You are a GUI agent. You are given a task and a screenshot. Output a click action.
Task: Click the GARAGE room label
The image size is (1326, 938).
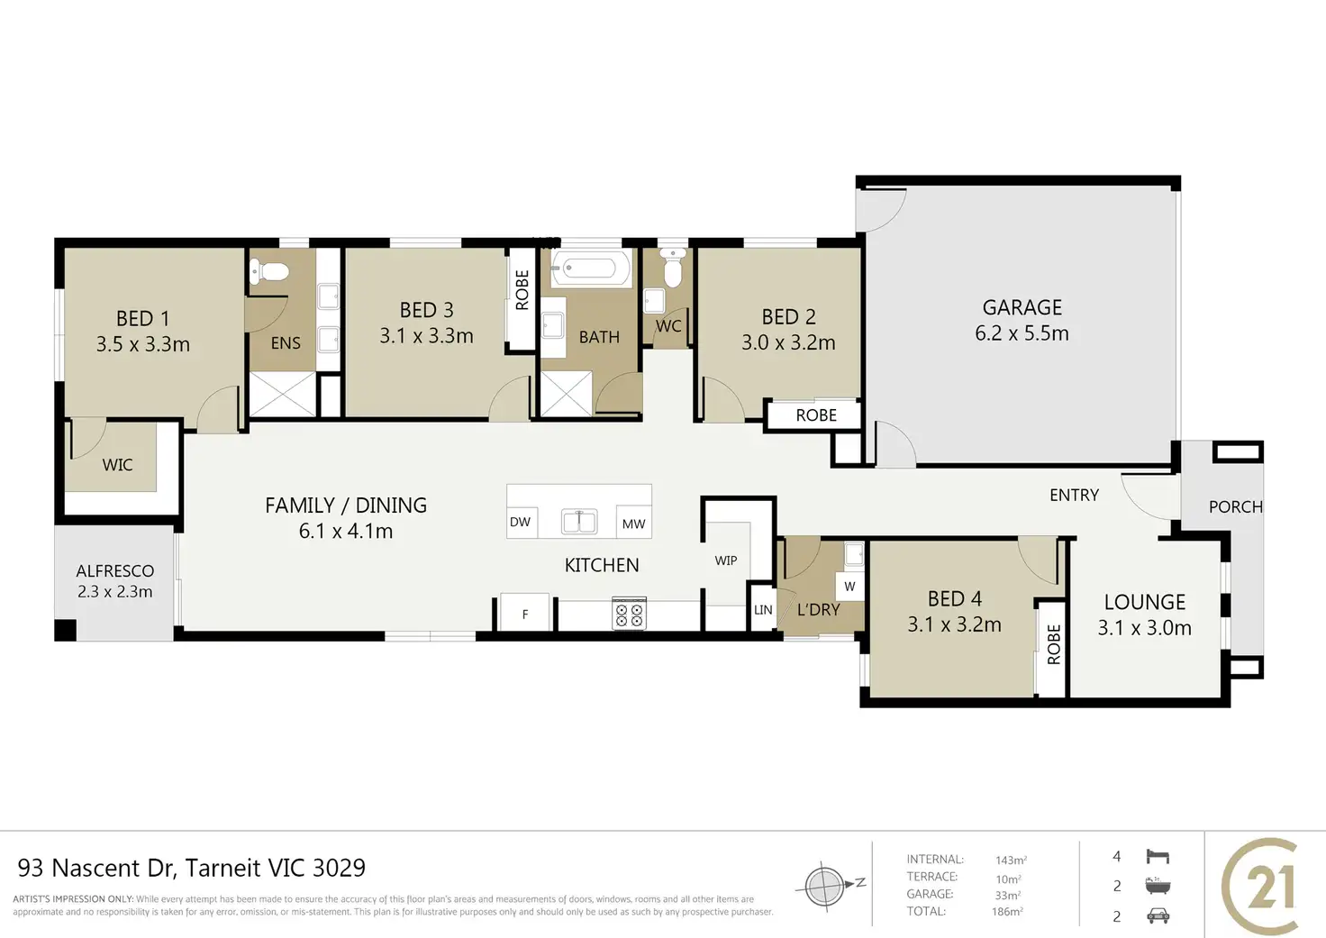[1022, 307]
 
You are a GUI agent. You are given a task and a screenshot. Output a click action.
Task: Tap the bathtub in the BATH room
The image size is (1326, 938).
[591, 269]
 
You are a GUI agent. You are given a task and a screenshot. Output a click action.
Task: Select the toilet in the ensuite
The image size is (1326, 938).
[268, 272]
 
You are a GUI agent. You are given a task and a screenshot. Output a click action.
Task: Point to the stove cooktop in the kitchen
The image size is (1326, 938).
[629, 614]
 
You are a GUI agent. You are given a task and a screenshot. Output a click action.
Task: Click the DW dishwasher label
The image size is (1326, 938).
[520, 522]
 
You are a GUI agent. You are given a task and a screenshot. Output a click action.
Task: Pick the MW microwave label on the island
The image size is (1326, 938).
[633, 524]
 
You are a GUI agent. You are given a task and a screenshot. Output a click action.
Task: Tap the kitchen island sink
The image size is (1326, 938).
[579, 522]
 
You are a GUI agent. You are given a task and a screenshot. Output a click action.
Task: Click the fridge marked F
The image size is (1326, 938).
[525, 613]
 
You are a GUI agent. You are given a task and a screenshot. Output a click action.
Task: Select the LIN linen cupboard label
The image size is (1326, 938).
[763, 609]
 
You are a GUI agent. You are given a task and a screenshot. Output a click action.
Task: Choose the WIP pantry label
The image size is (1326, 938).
[726, 560]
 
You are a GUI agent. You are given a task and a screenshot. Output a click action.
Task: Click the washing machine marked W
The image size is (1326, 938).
[849, 587]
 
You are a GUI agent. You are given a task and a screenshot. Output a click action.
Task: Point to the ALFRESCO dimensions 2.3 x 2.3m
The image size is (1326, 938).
[114, 592]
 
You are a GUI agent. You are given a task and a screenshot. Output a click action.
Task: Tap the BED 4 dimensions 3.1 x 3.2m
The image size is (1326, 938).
[954, 624]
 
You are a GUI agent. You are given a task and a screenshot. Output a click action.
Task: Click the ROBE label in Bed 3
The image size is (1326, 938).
[522, 289]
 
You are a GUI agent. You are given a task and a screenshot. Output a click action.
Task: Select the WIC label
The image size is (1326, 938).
[117, 465]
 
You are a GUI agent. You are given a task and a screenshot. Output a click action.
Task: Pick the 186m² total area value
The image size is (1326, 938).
[1007, 911]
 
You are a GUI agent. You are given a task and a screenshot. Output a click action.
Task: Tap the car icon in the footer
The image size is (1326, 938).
[1158, 916]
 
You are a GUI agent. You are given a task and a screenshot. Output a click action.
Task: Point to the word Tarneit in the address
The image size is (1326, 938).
[223, 868]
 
